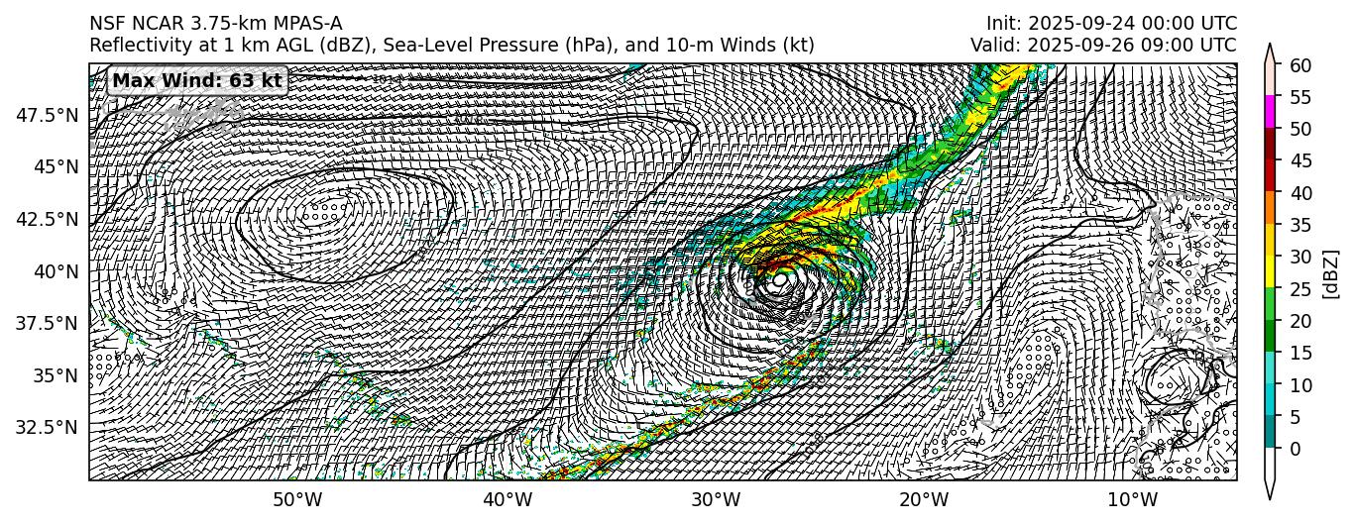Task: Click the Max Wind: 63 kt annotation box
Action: (197, 80)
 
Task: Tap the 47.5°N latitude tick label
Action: (48, 115)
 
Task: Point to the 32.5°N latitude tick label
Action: (48, 427)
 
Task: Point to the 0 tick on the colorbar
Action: (1293, 449)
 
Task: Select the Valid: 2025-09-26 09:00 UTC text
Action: (1103, 45)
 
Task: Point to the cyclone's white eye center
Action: (779, 280)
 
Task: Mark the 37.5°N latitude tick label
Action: (48, 323)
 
